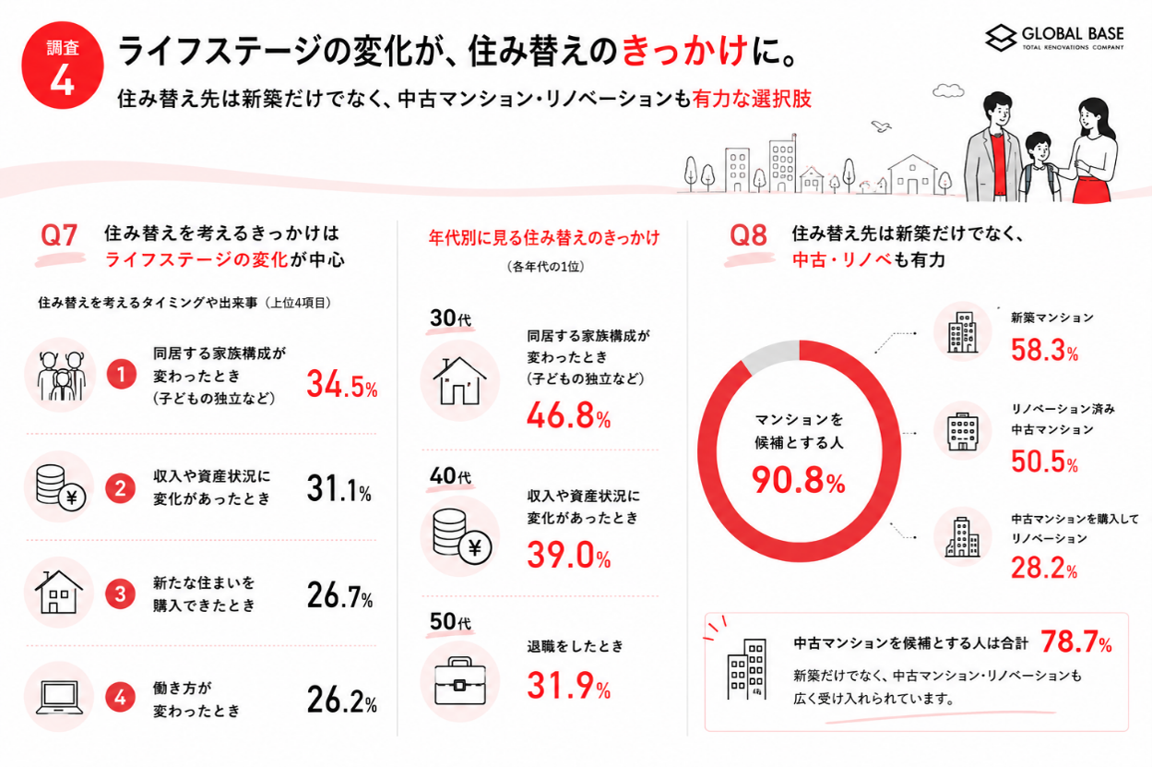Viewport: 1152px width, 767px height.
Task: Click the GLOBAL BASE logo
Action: point(1054,38)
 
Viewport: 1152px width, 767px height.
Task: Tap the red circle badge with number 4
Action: point(63,66)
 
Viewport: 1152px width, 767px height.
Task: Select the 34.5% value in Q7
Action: point(342,385)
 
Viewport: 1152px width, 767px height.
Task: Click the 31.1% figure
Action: point(339,488)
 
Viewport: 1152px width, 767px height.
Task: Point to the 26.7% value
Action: point(340,595)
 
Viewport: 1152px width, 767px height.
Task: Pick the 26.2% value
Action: point(342,700)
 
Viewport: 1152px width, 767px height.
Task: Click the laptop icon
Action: point(59,697)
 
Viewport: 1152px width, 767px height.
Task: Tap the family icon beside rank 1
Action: point(61,376)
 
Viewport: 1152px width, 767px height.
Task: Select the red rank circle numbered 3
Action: point(120,594)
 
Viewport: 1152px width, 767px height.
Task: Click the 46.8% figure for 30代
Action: point(569,415)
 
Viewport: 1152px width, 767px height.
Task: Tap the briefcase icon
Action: point(460,680)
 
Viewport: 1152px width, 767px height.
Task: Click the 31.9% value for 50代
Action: point(569,686)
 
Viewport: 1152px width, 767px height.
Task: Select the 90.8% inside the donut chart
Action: point(799,480)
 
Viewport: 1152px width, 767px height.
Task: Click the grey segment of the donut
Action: point(770,354)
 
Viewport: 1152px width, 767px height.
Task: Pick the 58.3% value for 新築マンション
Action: point(1044,350)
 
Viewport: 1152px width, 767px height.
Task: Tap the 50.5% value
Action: point(1044,461)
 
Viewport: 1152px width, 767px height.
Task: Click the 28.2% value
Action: point(1044,569)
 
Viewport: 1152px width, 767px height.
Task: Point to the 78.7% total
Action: point(1076,641)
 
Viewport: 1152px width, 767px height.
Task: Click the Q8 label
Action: point(748,235)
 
